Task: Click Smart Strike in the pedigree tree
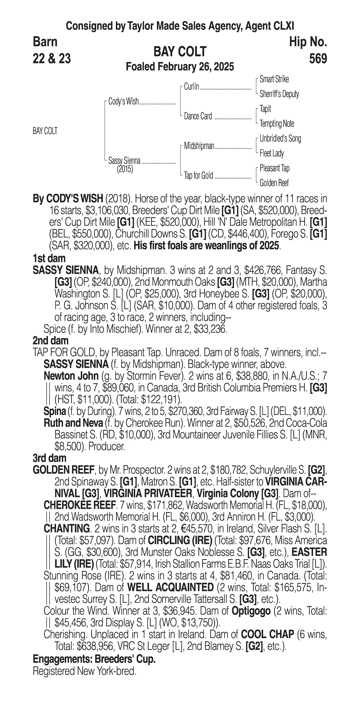point(274,79)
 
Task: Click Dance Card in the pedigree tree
point(198,116)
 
